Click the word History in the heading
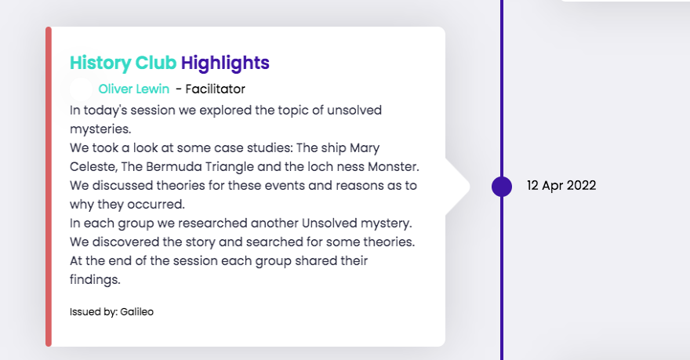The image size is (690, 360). pyautogui.click(x=100, y=64)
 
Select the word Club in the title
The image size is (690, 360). pyautogui.click(x=156, y=63)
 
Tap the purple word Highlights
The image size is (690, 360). pyautogui.click(x=225, y=64)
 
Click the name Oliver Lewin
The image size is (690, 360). pyautogui.click(x=134, y=89)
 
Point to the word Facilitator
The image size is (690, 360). pyautogui.click(x=215, y=89)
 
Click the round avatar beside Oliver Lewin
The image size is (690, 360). pyautogui.click(x=82, y=89)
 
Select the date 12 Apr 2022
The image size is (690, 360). pyautogui.click(x=561, y=185)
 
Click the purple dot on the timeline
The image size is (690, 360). pyautogui.click(x=502, y=186)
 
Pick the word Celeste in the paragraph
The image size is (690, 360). pyautogui.click(x=93, y=167)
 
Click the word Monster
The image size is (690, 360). pyautogui.click(x=394, y=167)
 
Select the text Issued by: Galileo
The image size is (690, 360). pyautogui.click(x=111, y=312)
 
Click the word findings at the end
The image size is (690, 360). pyautogui.click(x=95, y=280)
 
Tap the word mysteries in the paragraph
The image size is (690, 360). pyautogui.click(x=100, y=129)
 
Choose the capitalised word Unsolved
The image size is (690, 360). pyautogui.click(x=329, y=223)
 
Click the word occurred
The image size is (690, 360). pyautogui.click(x=156, y=205)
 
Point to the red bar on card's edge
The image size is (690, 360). pyautogui.click(x=49, y=187)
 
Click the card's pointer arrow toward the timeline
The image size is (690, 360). pyautogui.click(x=458, y=187)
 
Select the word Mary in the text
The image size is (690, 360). pyautogui.click(x=365, y=148)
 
